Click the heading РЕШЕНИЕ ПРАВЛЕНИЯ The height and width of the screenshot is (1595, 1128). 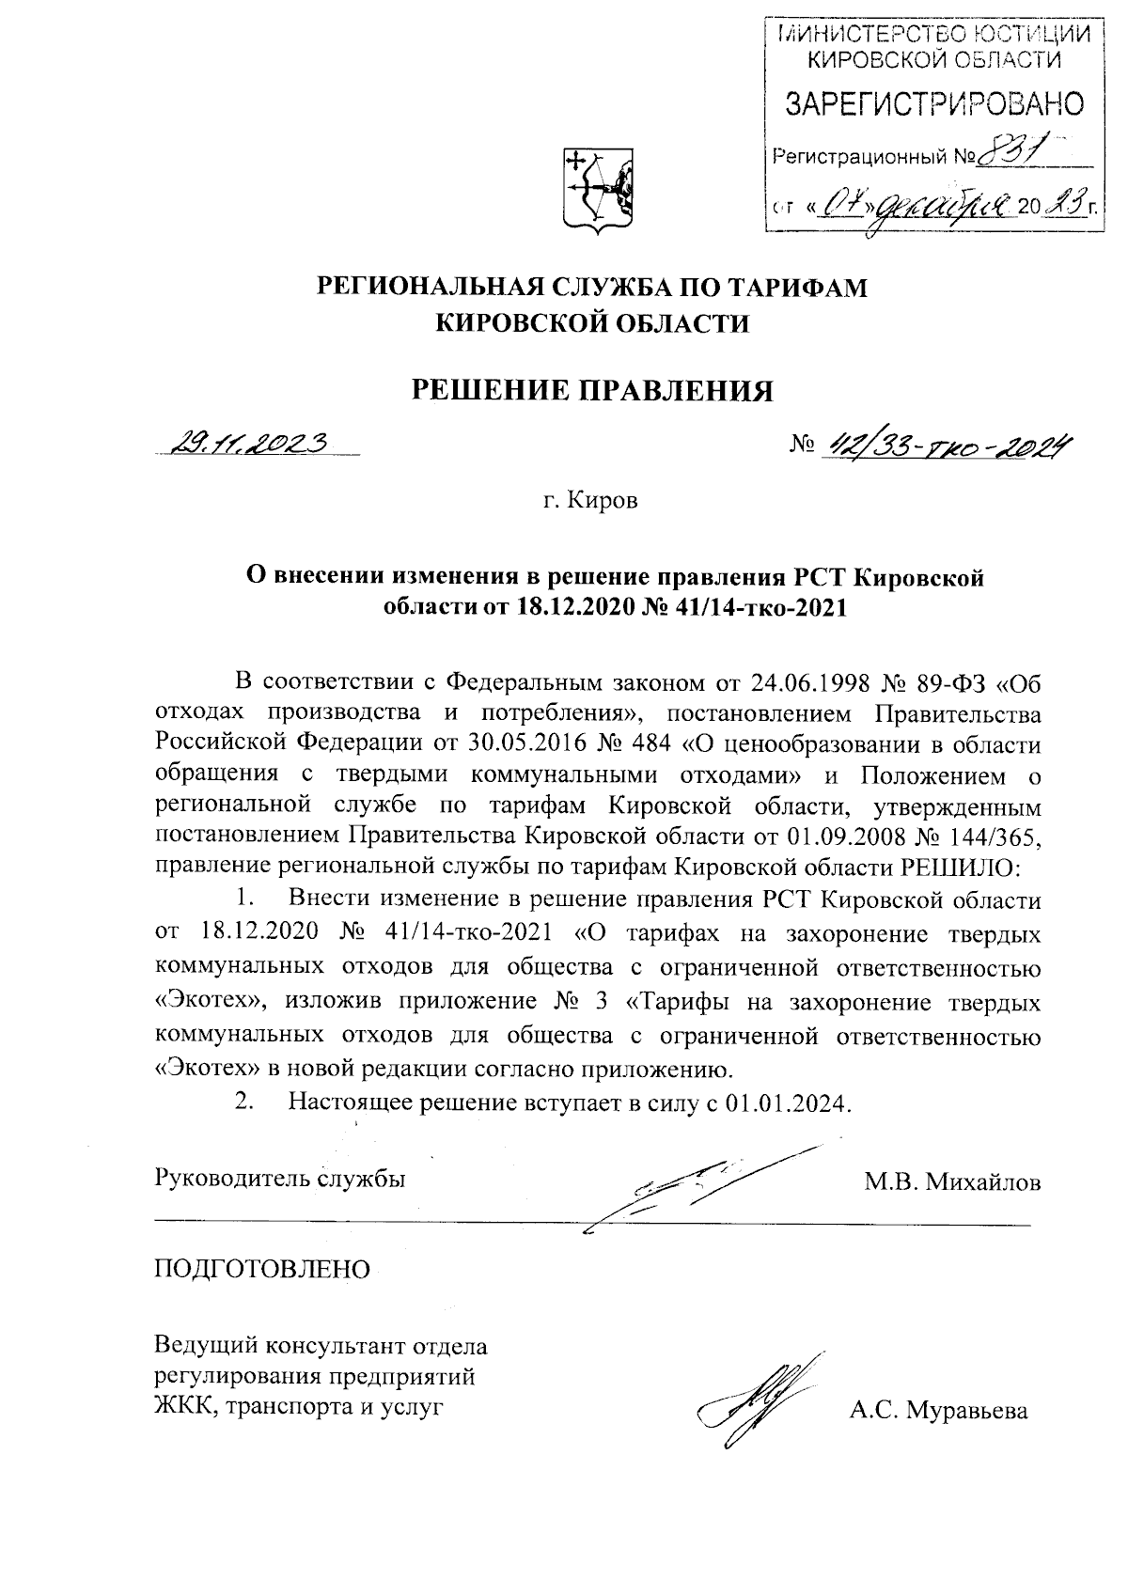(594, 389)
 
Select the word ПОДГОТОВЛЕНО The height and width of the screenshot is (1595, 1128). (262, 1269)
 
